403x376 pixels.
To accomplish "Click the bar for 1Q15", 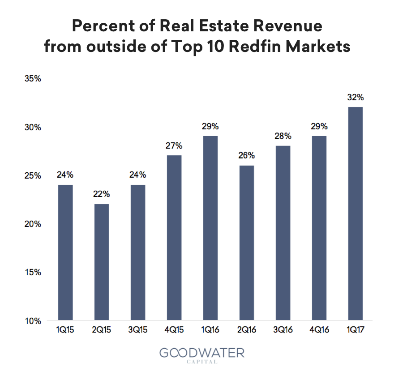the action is click(x=65, y=252).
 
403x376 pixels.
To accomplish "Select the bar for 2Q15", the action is click(x=102, y=262).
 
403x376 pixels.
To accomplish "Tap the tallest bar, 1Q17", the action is click(x=356, y=214).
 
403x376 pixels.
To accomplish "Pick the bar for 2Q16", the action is click(x=247, y=243).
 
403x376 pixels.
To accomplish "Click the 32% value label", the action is click(x=356, y=98).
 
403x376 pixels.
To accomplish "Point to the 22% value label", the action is click(x=102, y=194).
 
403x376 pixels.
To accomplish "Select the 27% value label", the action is click(x=174, y=146).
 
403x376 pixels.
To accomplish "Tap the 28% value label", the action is click(x=283, y=136).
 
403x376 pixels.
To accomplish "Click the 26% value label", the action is click(x=247, y=155).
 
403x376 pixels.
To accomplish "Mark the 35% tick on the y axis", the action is click(x=33, y=79).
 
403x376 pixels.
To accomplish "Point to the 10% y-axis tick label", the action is click(x=33, y=321).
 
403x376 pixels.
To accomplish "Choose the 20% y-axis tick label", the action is click(x=33, y=224).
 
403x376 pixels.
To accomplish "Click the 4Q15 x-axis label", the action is click(x=174, y=330).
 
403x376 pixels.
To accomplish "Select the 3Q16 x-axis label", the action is click(x=283, y=330).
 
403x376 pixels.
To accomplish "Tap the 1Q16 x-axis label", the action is click(x=210, y=330).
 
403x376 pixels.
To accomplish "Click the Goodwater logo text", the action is click(x=202, y=353).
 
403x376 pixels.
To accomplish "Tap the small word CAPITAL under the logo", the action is click(x=202, y=362).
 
